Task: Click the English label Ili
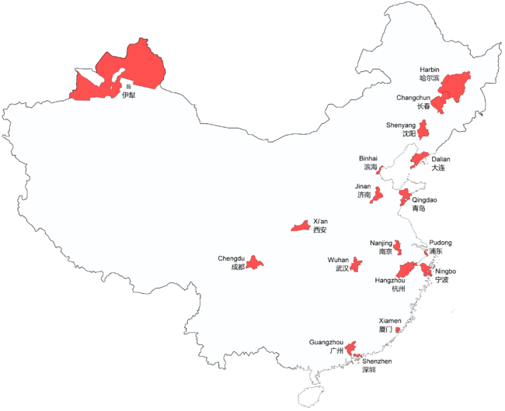click(x=128, y=86)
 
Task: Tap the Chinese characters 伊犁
click(x=128, y=95)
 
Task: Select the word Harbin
click(x=430, y=70)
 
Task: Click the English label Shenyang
click(x=401, y=125)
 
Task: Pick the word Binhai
click(x=367, y=157)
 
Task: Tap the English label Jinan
click(x=363, y=186)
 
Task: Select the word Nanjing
click(x=381, y=243)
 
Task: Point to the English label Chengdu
click(x=232, y=257)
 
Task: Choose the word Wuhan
click(x=339, y=259)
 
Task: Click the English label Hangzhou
click(x=390, y=280)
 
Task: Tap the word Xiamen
click(x=390, y=320)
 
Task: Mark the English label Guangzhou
click(x=326, y=342)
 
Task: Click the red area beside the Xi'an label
click(x=300, y=226)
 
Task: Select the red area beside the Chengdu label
click(x=256, y=263)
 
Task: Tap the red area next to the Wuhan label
click(x=355, y=264)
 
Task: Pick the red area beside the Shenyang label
click(x=424, y=129)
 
